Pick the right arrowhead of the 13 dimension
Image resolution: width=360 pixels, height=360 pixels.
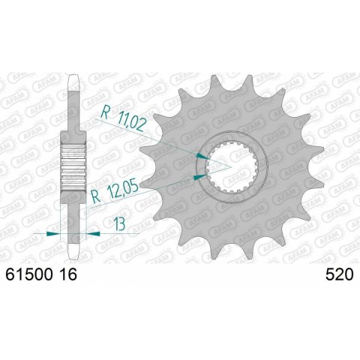(x=94, y=234)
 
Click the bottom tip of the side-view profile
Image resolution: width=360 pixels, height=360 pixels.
(x=73, y=253)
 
